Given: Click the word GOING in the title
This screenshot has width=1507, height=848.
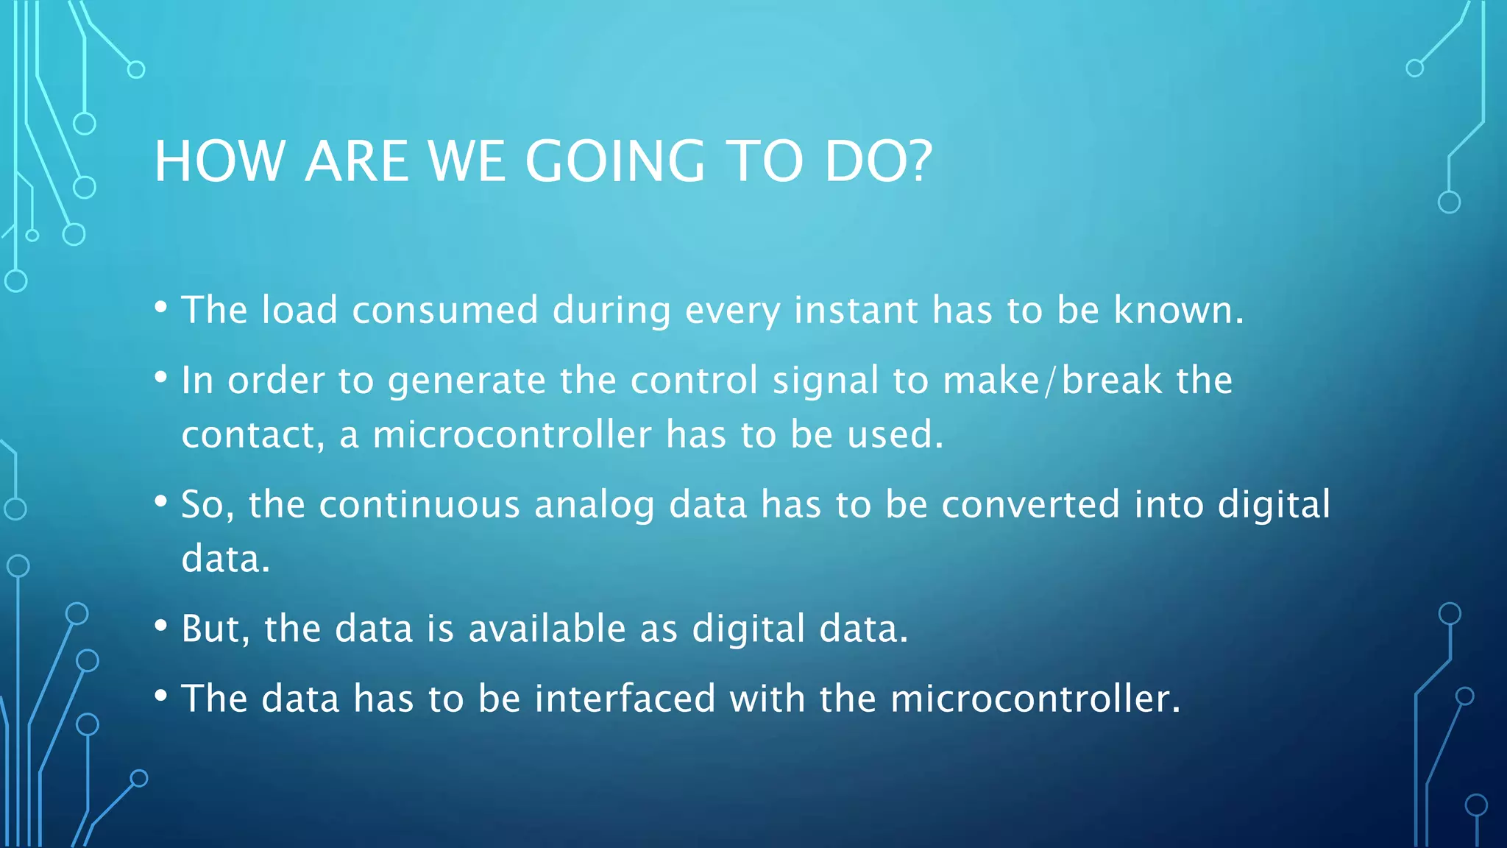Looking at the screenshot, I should coord(614,161).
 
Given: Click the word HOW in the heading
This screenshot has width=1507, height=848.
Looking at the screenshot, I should coord(219,161).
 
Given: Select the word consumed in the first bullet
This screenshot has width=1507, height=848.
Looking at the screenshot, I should coord(445,310).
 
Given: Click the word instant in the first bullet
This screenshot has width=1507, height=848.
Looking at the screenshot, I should coord(856,310).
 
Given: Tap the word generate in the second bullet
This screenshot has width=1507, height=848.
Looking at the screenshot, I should coord(467,381).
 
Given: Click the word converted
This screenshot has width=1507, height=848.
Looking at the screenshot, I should coord(1030,505).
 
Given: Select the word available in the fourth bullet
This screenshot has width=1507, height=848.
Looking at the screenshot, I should coord(547,629).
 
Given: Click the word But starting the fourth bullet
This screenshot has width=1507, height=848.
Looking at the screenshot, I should coord(211,629).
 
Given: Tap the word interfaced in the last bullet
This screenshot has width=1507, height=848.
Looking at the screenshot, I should coord(625,699).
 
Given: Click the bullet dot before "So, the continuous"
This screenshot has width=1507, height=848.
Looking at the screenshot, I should coord(161,501).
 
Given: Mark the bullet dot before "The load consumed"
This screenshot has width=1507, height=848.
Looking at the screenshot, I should coord(161,307).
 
